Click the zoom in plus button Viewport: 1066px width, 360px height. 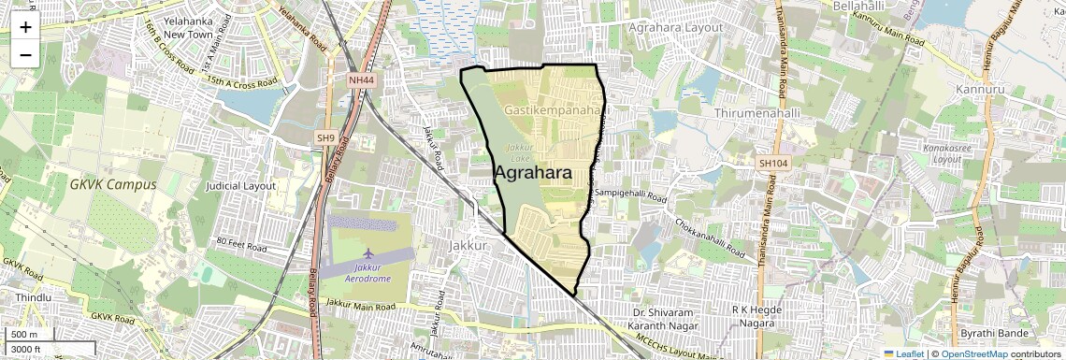(25, 27)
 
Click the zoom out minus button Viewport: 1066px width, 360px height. (25, 54)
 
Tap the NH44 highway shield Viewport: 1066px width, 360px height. (360, 81)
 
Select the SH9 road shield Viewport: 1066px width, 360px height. (325, 138)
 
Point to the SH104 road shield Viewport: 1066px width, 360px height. (772, 164)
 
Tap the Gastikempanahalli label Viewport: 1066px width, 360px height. (555, 110)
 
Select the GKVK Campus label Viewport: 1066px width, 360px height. (112, 184)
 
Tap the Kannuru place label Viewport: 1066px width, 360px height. (980, 90)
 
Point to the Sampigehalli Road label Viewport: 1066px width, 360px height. (630, 198)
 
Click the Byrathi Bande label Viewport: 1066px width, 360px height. (995, 334)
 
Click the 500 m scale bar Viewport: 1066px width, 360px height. (25, 335)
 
